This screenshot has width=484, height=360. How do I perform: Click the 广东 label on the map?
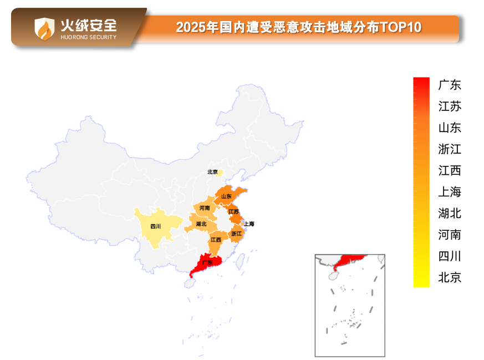207,262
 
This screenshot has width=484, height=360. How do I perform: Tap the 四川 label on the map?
156,226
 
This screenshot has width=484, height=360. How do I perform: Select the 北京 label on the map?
212,172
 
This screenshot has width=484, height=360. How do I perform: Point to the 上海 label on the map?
249,224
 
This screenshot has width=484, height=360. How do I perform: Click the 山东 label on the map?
226,196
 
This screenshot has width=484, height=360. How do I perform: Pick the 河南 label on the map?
205,208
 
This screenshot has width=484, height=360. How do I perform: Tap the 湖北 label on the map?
201,224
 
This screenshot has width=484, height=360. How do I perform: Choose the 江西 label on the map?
216,240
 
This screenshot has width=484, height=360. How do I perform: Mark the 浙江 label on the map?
236,234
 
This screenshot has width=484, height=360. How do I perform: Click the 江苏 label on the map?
233,212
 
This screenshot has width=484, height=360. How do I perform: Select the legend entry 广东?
450,85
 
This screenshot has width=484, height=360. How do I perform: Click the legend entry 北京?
450,277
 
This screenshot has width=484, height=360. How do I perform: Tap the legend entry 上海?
450,192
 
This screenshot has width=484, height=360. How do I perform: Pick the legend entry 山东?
450,128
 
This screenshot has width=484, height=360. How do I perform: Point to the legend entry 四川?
450,256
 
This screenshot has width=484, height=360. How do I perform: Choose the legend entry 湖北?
450,213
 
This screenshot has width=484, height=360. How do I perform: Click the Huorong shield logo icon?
44,28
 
